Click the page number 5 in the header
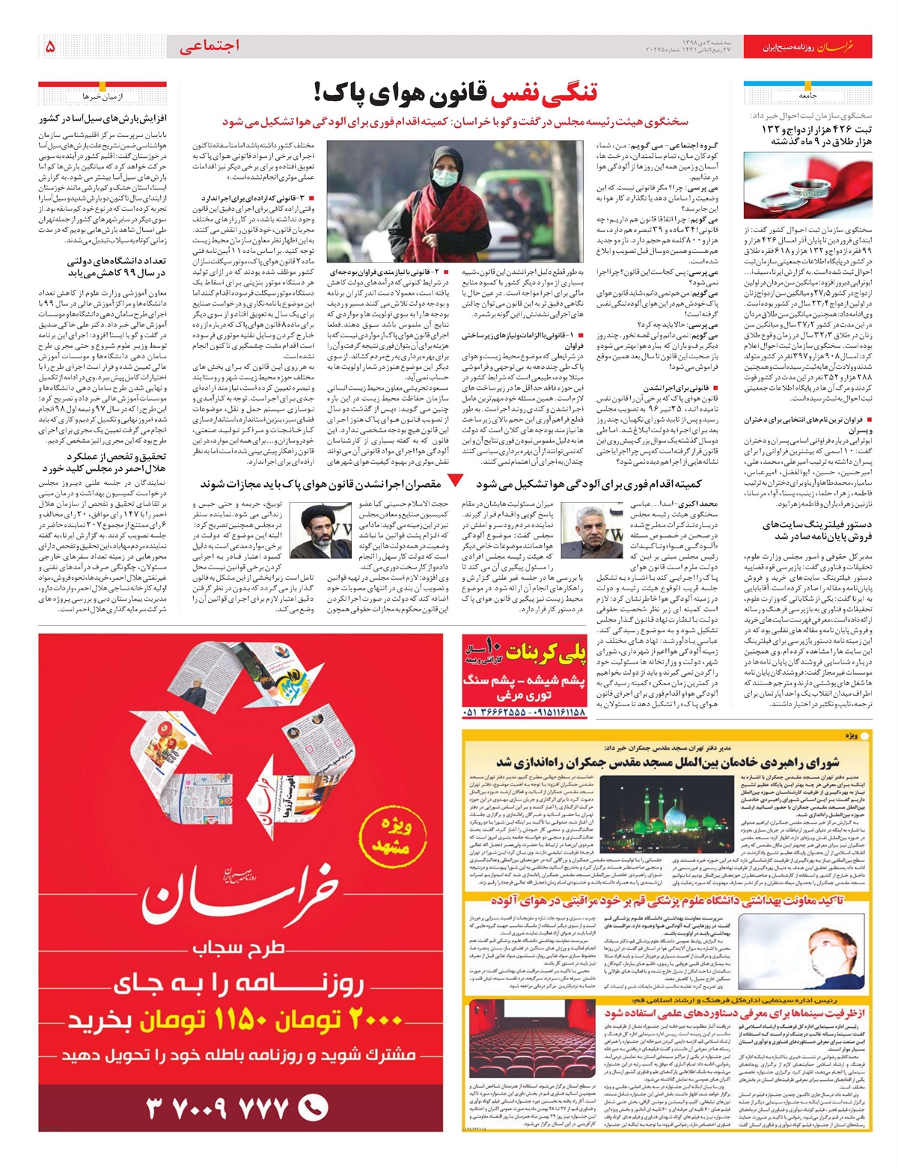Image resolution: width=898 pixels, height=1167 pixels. tap(50, 46)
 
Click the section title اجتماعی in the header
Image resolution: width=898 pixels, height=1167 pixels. tap(210, 46)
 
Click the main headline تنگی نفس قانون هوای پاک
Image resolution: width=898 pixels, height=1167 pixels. tap(456, 94)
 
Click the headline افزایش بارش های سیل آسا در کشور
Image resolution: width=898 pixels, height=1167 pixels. tap(103, 118)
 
